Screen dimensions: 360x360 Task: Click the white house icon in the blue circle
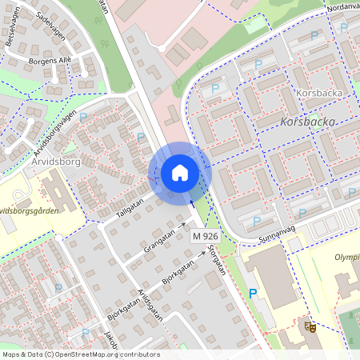coord(180,173)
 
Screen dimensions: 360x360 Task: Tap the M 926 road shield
coord(206,238)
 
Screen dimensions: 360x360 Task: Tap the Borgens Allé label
coord(50,60)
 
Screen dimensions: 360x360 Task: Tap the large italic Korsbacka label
coord(309,122)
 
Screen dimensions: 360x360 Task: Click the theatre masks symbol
coord(309,326)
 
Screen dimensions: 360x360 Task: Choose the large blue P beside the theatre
coord(254,294)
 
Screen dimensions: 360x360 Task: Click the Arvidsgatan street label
coord(150,305)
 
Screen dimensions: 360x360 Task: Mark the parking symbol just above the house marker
coord(142,138)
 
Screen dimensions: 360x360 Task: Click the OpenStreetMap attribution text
coord(80,354)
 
